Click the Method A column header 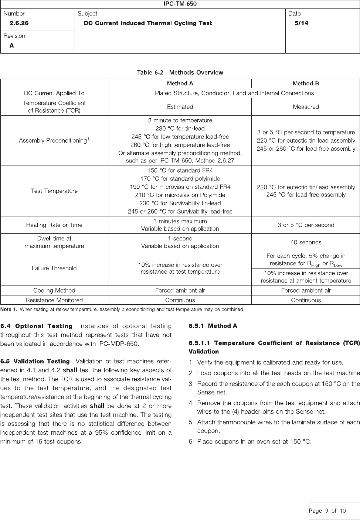(180, 83)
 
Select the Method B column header (306, 83)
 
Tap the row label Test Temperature (54, 191)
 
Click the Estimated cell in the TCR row (180, 107)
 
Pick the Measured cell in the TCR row (306, 107)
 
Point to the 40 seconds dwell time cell (306, 242)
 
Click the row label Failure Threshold (54, 268)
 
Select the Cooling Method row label (54, 290)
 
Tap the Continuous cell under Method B (306, 300)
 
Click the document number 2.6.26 (19, 23)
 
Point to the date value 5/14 (301, 23)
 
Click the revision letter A (12, 45)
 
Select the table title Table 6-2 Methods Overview (180, 72)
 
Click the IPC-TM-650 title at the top (180, 4)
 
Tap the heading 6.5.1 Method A (213, 326)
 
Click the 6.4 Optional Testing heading (37, 326)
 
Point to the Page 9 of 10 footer (327, 511)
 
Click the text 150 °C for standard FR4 (180, 171)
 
